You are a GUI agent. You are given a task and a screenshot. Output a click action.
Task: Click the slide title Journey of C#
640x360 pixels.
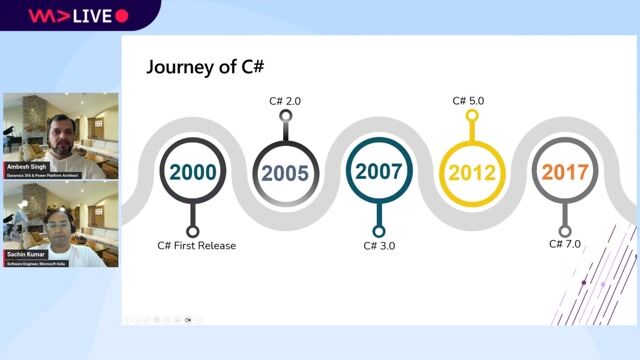point(205,67)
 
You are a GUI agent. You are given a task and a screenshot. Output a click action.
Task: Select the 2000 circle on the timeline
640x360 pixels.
point(193,172)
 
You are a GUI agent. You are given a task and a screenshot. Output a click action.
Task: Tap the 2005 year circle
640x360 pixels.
point(286,172)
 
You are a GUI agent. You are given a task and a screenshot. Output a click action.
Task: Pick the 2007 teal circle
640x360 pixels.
point(379,171)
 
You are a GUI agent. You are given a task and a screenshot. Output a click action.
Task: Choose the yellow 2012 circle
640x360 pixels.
point(472,172)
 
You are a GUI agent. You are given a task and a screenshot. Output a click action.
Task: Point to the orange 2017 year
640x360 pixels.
point(565,171)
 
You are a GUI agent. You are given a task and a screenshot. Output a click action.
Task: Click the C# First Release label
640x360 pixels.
point(197,246)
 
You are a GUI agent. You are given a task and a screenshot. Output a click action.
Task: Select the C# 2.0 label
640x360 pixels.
point(285,101)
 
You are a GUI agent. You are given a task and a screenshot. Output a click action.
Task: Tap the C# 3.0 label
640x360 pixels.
point(379,246)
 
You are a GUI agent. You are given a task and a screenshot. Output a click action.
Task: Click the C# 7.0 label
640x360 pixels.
point(565,244)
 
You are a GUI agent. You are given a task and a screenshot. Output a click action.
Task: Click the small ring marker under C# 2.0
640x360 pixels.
point(286,116)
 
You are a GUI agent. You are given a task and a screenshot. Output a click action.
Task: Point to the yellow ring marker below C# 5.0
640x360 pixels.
point(472,116)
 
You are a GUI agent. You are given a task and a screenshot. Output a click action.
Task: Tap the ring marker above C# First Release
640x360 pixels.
point(193,232)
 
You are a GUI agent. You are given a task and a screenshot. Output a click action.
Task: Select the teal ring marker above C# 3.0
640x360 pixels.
point(379,232)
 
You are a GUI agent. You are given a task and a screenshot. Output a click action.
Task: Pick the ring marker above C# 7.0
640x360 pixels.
point(565,232)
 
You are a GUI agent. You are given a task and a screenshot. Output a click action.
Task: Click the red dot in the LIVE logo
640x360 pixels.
point(122,16)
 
